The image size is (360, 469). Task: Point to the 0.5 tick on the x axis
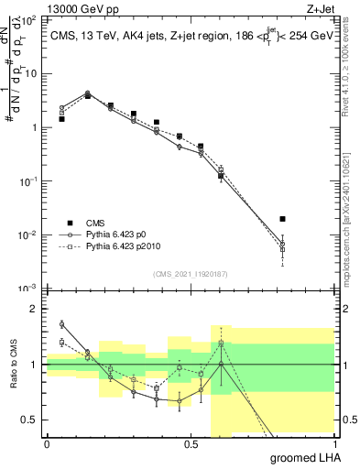click(191, 443)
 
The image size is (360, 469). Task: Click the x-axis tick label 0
click(47, 443)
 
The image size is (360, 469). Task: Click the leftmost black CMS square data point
click(61, 119)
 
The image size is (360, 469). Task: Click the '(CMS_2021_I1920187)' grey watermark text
click(191, 273)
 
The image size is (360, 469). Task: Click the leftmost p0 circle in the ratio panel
click(61, 323)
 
